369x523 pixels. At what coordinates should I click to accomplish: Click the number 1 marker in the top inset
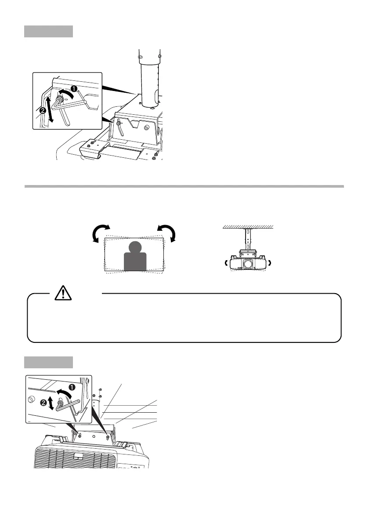tap(74, 88)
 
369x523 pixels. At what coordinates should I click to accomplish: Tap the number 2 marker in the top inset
tap(43, 111)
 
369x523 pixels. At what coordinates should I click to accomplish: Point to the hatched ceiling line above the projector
tap(249, 226)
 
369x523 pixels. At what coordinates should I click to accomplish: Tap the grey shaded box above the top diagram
tap(48, 31)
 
